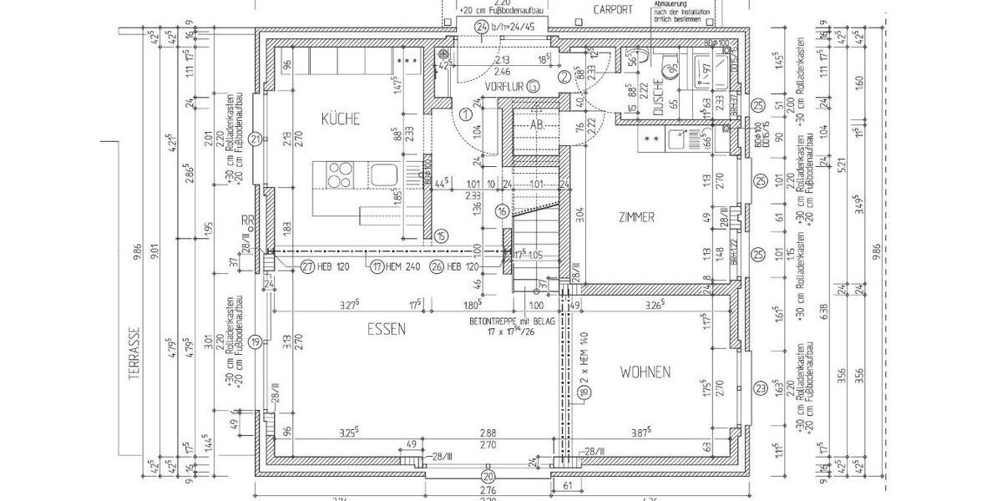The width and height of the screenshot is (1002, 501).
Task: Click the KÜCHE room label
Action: tap(341, 119)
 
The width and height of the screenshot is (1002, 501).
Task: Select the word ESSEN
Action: tap(386, 330)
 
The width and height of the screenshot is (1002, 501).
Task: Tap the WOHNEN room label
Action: tap(645, 372)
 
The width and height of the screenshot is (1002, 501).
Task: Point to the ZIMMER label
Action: tap(635, 217)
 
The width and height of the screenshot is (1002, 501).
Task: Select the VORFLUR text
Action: tap(504, 86)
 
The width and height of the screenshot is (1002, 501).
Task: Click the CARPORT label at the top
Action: tap(613, 10)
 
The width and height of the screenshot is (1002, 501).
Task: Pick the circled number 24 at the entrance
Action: tap(481, 27)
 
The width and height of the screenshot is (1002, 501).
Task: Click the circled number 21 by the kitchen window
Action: tap(256, 139)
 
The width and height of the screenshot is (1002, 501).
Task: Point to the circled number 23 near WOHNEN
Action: tap(759, 387)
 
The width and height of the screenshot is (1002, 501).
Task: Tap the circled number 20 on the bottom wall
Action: tap(488, 476)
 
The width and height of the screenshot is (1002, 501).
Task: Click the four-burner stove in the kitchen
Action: tap(339, 176)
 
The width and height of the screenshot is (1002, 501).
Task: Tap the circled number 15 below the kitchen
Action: tap(441, 236)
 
